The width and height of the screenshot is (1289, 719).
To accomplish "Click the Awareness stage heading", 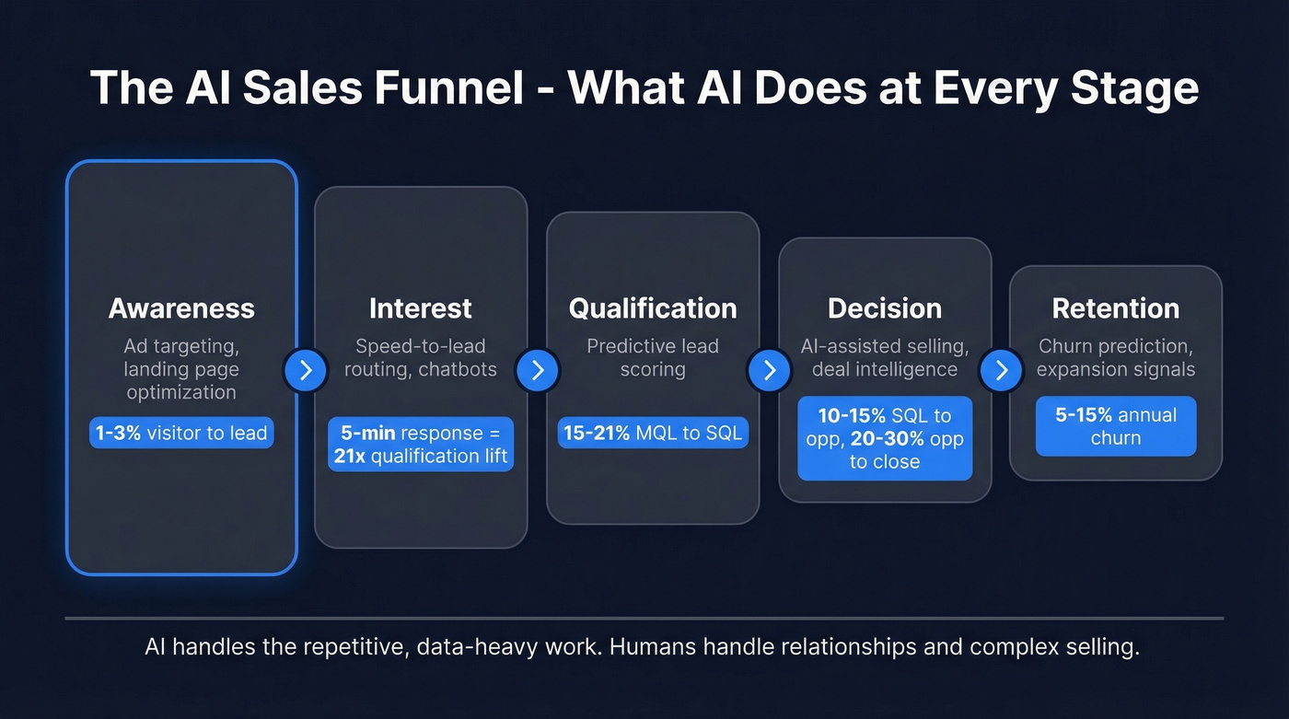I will [x=181, y=308].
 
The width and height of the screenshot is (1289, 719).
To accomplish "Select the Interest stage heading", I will [x=421, y=308].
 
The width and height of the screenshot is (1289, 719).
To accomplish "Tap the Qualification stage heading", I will [x=653, y=308].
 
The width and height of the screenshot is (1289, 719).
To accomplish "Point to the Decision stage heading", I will [x=885, y=308].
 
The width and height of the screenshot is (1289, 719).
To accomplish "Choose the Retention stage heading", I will [x=1116, y=308].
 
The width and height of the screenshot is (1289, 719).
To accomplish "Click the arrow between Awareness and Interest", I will [x=306, y=370].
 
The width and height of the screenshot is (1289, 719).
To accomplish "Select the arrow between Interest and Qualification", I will [x=538, y=370].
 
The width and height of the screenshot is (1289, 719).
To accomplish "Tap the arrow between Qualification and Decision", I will [x=770, y=370].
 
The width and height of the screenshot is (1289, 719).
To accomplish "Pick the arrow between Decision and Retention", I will [x=1001, y=370].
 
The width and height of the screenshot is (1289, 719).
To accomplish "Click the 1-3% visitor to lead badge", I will [x=181, y=433].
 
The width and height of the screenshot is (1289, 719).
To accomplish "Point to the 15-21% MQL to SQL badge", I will [x=653, y=433].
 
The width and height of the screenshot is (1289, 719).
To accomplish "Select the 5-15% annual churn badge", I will [x=1116, y=426].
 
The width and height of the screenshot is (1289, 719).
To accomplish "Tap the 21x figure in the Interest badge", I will [x=351, y=456].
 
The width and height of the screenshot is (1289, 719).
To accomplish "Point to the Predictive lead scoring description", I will [x=653, y=358].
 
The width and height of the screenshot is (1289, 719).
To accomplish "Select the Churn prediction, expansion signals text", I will [x=1116, y=358].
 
